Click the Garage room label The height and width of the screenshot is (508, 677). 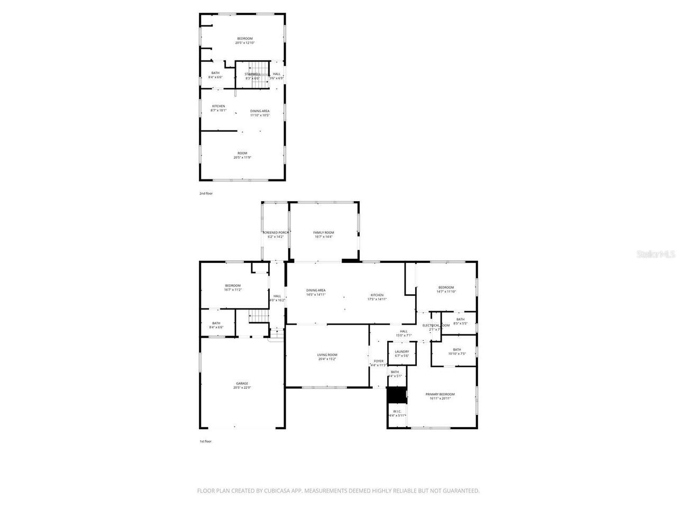click(x=242, y=384)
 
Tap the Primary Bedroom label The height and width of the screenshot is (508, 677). click(x=440, y=394)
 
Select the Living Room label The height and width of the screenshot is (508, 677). click(x=327, y=355)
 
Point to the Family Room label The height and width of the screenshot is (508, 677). click(x=324, y=233)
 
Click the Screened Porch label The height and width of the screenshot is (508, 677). click(x=276, y=233)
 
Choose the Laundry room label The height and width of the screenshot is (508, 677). click(x=402, y=351)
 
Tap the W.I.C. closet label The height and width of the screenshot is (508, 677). click(x=397, y=411)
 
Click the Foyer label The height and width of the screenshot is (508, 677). click(x=379, y=361)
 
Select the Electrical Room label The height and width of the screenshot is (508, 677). click(x=436, y=325)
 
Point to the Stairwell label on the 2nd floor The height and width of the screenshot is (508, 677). click(x=252, y=74)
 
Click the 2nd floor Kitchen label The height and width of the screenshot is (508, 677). click(x=218, y=106)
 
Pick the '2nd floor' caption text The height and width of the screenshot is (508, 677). click(x=206, y=194)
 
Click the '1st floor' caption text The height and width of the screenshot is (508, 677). click(x=205, y=441)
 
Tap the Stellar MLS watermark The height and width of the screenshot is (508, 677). click(x=656, y=255)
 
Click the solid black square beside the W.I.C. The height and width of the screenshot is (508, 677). click(x=396, y=395)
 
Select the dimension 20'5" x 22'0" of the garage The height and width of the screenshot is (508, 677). click(x=242, y=388)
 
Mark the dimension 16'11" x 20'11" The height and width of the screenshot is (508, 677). click(x=440, y=398)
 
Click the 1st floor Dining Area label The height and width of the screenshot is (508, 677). click(x=316, y=290)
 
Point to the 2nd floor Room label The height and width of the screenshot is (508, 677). click(x=242, y=153)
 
